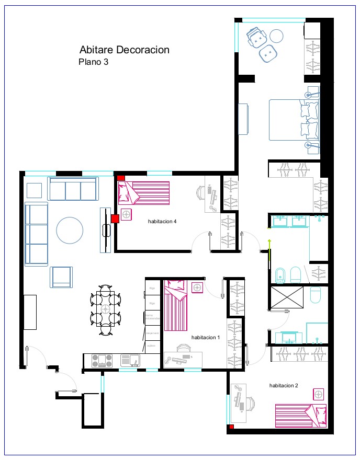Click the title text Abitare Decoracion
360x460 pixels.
tap(125, 50)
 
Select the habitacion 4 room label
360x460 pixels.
tap(162, 222)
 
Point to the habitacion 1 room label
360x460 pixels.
tap(206, 338)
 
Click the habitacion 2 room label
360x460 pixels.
tap(284, 386)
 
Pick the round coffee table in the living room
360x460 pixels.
tap(70, 230)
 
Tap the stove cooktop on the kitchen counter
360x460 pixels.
tap(102, 361)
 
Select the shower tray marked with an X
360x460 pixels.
tap(287, 297)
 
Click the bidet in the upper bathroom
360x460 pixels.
tap(280, 275)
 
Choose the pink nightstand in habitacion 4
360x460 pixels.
tap(127, 214)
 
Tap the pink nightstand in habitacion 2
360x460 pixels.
tap(318, 394)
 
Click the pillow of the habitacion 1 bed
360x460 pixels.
tap(175, 286)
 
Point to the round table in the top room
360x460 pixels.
tap(276, 36)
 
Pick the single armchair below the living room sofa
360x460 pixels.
tap(61, 277)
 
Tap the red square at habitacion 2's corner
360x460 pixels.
tap(230, 428)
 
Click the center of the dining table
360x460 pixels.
tap(106, 308)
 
